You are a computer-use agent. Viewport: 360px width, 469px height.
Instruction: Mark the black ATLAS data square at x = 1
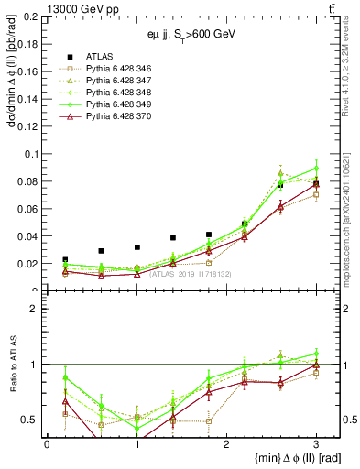click(136, 247)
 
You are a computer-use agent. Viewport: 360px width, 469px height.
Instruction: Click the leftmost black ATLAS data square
click(65, 260)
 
